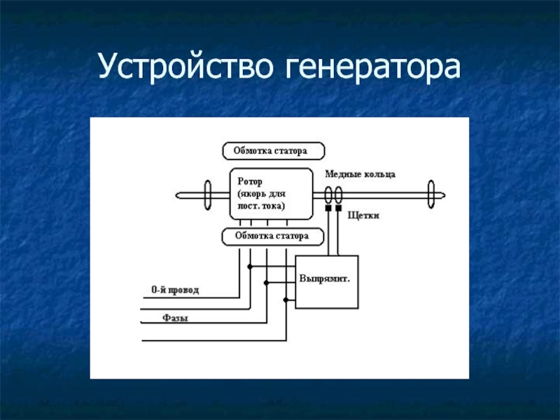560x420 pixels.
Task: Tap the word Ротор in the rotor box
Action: point(250,181)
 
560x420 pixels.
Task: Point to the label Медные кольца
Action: point(360,174)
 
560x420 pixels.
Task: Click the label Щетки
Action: point(363,216)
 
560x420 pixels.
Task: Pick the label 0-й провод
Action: point(175,290)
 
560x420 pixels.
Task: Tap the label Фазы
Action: point(176,318)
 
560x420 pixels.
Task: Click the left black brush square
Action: point(328,208)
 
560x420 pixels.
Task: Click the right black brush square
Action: point(338,208)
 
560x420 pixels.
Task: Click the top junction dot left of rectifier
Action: point(250,267)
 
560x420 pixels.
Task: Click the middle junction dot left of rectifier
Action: point(266,283)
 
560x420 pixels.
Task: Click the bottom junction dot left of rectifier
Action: point(286,300)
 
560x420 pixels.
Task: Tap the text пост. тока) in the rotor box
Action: point(261,206)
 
